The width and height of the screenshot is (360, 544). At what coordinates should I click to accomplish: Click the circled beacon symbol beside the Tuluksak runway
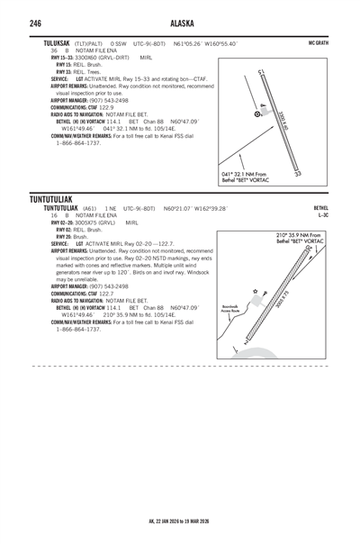(258, 114)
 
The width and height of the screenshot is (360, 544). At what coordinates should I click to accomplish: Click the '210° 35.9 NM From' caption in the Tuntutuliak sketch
(299, 235)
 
